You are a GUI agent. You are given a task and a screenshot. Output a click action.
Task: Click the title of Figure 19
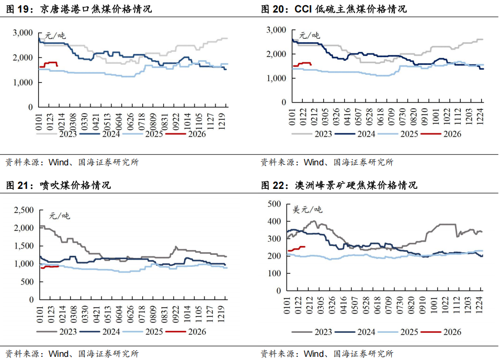coord(78,9)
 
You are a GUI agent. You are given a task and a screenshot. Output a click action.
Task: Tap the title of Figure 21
coord(58,185)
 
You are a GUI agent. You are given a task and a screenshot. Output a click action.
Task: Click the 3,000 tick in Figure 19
coord(22,32)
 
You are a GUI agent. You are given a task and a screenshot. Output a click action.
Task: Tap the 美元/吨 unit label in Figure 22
coord(307,210)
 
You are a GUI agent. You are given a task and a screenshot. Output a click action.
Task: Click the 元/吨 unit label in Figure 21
coord(59,216)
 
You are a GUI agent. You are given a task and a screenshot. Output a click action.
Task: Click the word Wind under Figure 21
coord(59,354)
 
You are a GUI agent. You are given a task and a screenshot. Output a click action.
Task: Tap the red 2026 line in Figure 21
coord(50,266)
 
